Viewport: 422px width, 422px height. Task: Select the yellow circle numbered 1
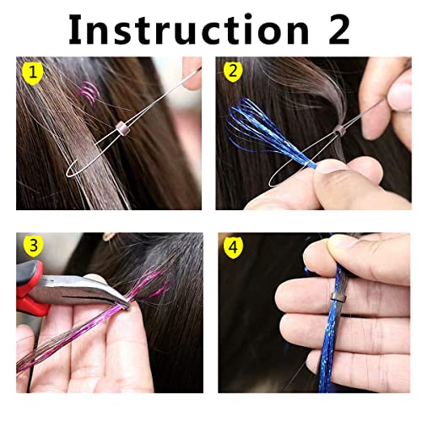(31, 74)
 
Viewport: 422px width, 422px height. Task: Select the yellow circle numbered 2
(231, 74)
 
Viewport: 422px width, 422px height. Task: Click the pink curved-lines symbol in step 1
(87, 93)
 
